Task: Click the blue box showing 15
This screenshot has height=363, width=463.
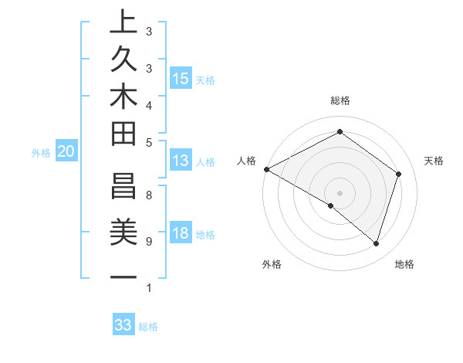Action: click(x=181, y=78)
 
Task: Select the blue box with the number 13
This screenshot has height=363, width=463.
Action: click(x=180, y=161)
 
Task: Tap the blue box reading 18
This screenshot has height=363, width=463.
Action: click(x=181, y=234)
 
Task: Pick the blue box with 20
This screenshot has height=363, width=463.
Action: click(x=66, y=152)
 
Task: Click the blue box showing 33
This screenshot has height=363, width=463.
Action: click(x=123, y=325)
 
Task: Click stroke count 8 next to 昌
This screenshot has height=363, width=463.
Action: click(x=148, y=195)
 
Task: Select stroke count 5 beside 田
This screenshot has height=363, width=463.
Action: click(x=148, y=142)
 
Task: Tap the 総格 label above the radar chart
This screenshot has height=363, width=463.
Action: click(x=340, y=100)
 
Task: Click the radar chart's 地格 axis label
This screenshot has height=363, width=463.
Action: click(x=404, y=264)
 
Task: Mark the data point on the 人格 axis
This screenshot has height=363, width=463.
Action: click(x=266, y=168)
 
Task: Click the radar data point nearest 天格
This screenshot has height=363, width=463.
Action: click(x=399, y=174)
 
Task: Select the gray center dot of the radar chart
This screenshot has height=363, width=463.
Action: click(x=340, y=192)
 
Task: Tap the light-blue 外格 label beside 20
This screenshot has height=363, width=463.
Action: click(x=41, y=153)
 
